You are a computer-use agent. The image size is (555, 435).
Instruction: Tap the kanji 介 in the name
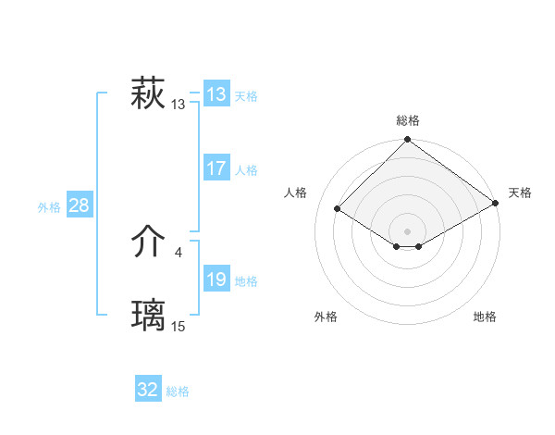point(148,242)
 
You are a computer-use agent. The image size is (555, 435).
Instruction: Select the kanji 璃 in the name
point(148,316)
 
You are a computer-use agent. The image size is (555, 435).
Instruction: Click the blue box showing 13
point(216,94)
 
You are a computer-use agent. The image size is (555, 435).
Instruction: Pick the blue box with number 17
point(216,168)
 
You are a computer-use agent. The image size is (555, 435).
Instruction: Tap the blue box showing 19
point(216,280)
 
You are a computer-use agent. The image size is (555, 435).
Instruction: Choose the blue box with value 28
point(79,205)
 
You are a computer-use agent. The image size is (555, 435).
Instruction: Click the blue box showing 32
point(148,390)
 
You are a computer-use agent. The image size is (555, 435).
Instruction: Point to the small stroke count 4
point(178,252)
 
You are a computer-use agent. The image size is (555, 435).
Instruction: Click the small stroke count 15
point(179,327)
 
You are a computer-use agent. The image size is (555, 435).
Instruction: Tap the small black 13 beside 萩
point(179,105)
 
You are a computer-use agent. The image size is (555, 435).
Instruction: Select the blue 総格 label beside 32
point(178,391)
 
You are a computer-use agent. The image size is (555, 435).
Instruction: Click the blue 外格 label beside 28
point(49,207)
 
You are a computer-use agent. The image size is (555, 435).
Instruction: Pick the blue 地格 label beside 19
point(246,281)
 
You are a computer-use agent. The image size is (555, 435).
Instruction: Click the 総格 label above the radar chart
point(408,120)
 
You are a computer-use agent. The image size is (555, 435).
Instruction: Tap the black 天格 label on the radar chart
point(520,193)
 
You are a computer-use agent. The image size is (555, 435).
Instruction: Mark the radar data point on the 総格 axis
point(408,141)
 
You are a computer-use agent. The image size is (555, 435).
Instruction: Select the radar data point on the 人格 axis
point(338,210)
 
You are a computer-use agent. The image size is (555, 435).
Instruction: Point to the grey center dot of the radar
point(408,230)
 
